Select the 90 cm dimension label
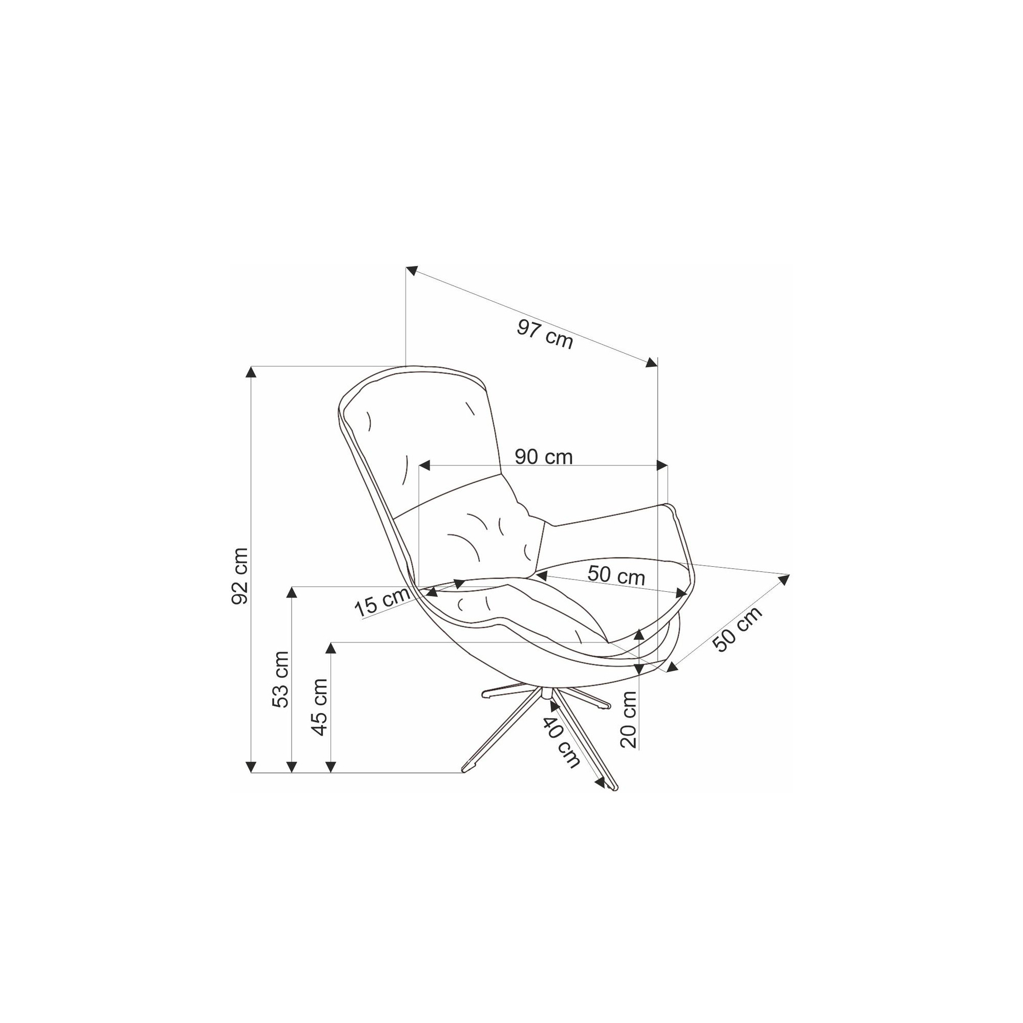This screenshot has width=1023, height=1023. click(543, 457)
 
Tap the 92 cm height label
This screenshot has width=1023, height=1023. click(240, 576)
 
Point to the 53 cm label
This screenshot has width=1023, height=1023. click(280, 679)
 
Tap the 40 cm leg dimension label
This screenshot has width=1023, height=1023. click(561, 742)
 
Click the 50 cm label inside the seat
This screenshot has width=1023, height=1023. click(616, 575)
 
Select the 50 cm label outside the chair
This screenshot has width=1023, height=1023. click(737, 629)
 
